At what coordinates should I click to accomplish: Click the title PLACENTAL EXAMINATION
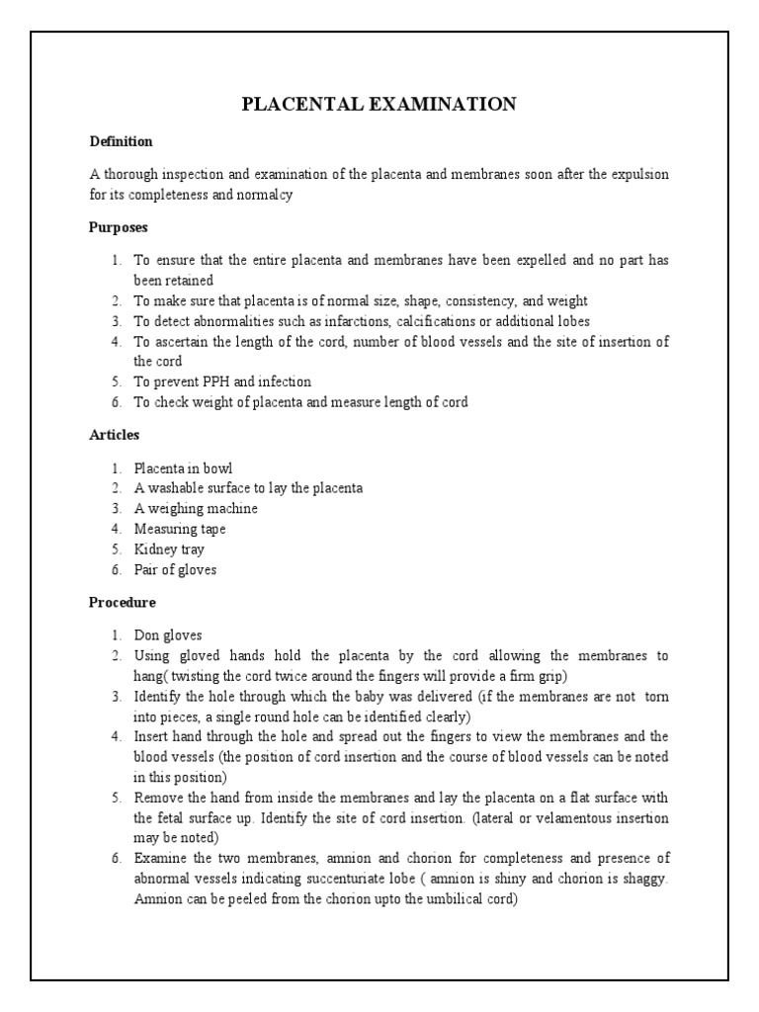[379, 105]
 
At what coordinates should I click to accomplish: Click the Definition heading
[121, 141]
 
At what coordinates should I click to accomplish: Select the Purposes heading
[118, 226]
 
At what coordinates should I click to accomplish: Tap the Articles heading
[114, 434]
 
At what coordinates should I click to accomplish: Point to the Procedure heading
[122, 601]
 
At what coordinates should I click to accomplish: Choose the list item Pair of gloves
[175, 569]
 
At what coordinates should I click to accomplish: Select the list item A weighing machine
[196, 508]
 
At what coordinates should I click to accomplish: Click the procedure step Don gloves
[168, 635]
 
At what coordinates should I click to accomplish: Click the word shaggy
[643, 880]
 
